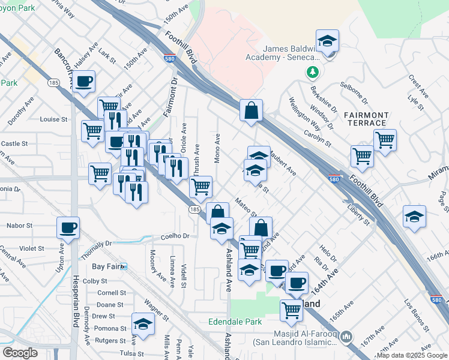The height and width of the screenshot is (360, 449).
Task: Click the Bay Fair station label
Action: [106, 266]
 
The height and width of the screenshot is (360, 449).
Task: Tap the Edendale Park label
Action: [235, 322]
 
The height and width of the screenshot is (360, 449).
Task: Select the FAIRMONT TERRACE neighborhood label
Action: [367, 119]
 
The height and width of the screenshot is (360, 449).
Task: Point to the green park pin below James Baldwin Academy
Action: [312, 73]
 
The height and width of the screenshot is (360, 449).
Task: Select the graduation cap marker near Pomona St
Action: [143, 324]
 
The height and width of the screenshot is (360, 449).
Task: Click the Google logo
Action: [20, 353]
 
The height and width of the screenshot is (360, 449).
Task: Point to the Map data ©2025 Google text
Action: [412, 355]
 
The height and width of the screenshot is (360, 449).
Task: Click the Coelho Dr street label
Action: [175, 236]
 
